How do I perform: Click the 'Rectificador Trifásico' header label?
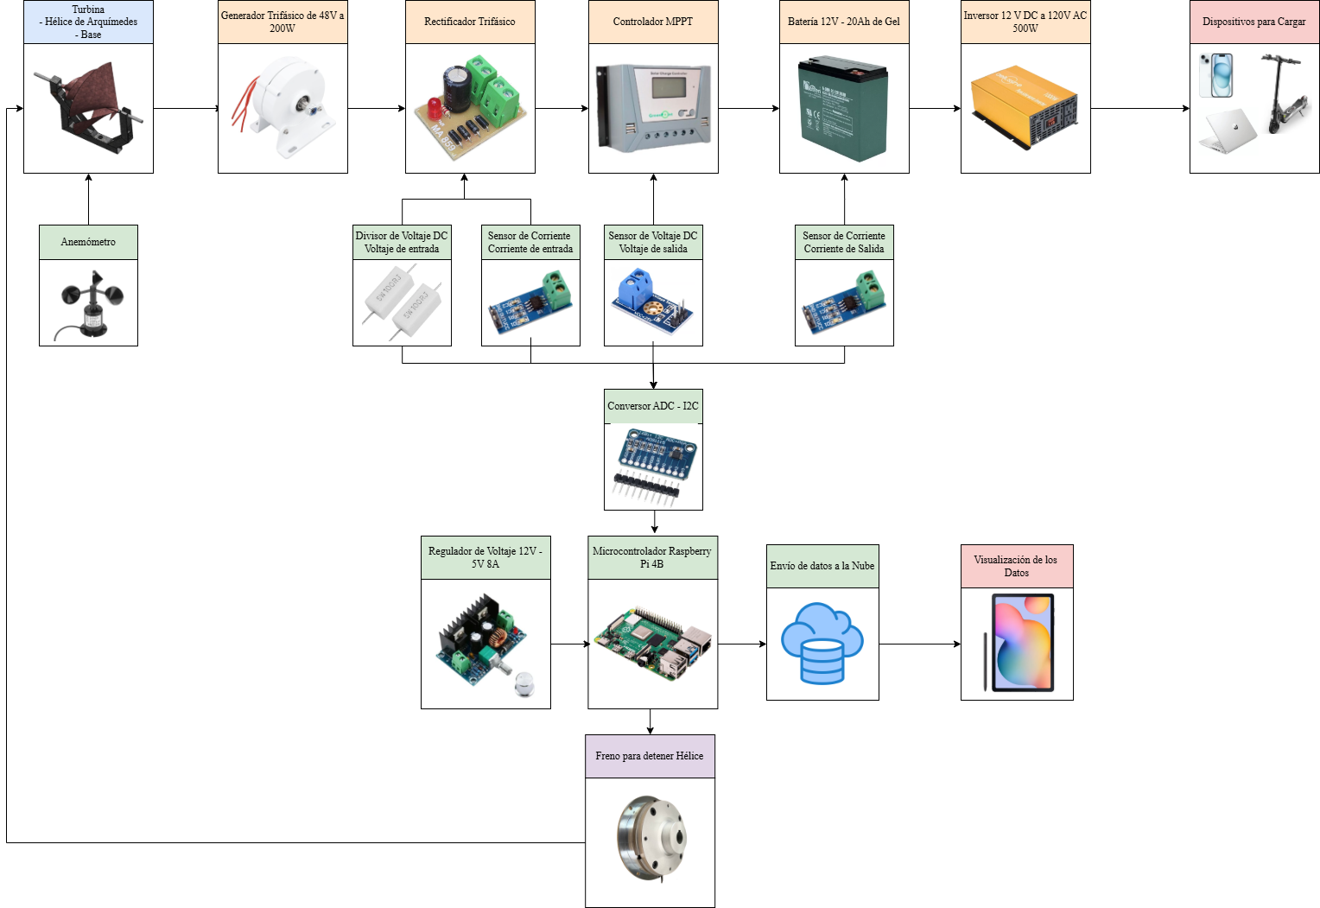pyautogui.click(x=470, y=22)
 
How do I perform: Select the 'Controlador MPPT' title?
pyautogui.click(x=653, y=22)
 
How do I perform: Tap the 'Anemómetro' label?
pyautogui.click(x=88, y=242)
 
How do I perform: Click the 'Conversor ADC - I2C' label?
pyautogui.click(x=653, y=406)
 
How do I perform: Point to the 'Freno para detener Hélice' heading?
pyautogui.click(x=650, y=756)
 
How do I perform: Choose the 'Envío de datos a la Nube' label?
pyautogui.click(x=822, y=566)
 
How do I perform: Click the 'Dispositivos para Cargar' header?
pyautogui.click(x=1254, y=22)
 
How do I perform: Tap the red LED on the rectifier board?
pyautogui.click(x=435, y=108)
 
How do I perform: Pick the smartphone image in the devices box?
pyautogui.click(x=1216, y=75)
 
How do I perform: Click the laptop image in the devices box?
pyautogui.click(x=1228, y=130)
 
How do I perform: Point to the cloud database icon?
pyautogui.click(x=822, y=643)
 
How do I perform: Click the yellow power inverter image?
pyautogui.click(x=1025, y=106)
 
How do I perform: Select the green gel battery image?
pyautogui.click(x=843, y=108)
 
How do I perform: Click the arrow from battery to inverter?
pyautogui.click(x=935, y=108)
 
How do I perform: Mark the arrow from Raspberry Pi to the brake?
pyautogui.click(x=650, y=721)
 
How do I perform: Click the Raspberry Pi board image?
pyautogui.click(x=653, y=644)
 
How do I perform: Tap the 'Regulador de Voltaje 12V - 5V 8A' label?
pyautogui.click(x=485, y=557)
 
